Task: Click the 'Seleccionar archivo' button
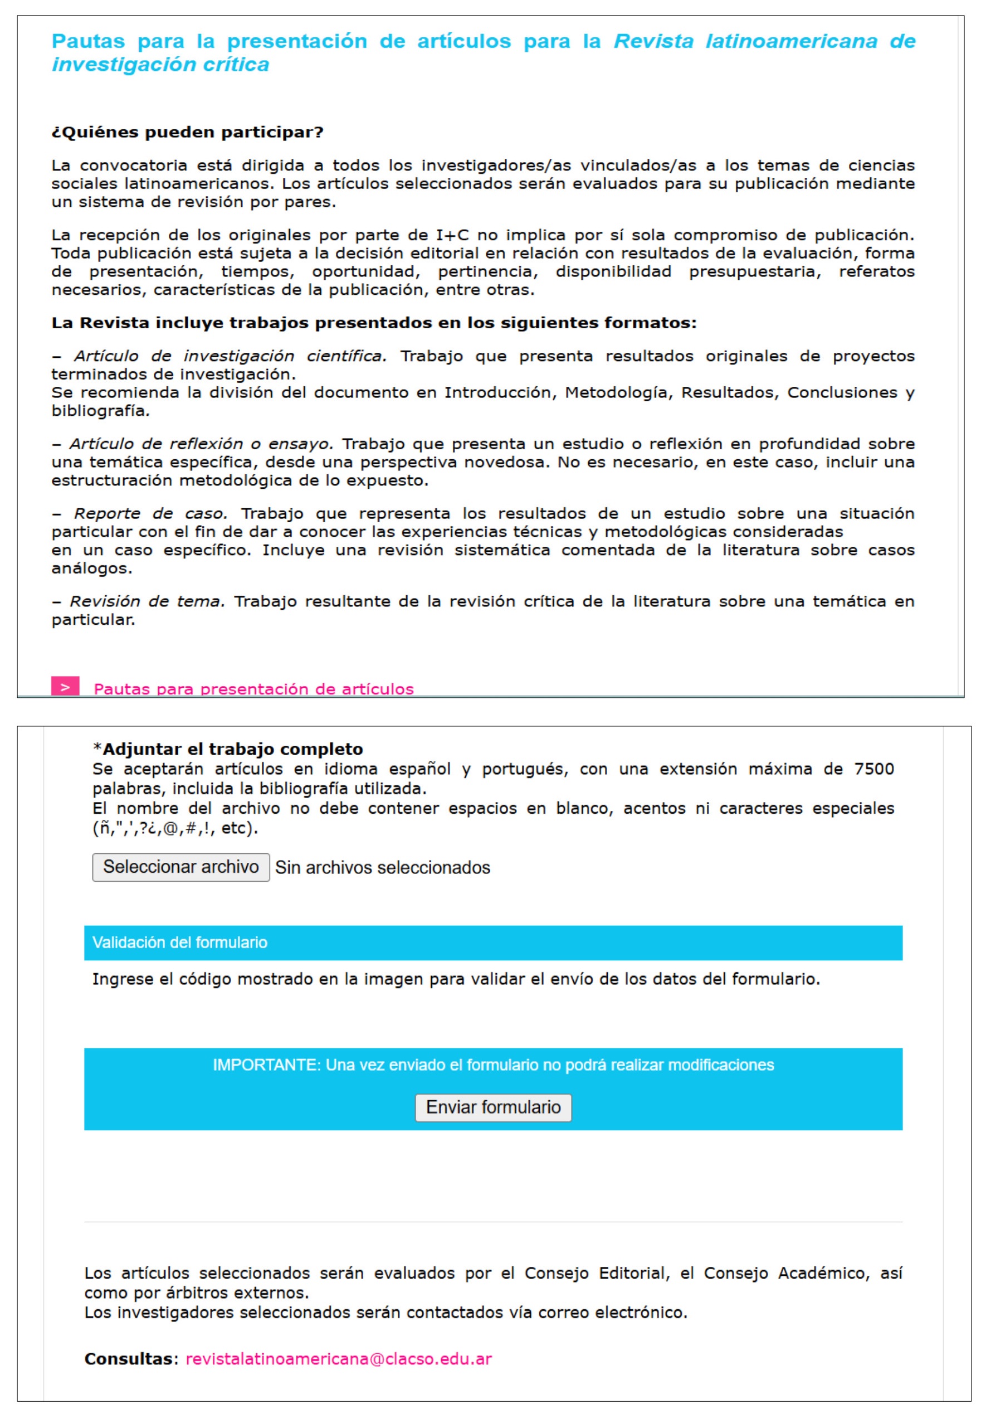coord(180,867)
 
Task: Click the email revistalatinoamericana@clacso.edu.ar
coord(339,1359)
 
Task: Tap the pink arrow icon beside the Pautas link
coord(65,687)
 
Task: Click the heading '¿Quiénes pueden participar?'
coord(188,132)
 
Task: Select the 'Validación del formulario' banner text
coord(179,942)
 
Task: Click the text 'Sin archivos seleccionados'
coord(382,867)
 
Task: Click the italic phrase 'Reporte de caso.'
coord(150,513)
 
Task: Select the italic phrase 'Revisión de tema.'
coord(147,601)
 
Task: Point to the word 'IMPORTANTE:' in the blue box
coord(267,1065)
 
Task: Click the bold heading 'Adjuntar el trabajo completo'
coord(232,749)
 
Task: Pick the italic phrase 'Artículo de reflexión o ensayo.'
coord(201,444)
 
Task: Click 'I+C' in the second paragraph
coord(452,235)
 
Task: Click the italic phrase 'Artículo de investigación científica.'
coord(231,356)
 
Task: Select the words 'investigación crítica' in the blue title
coord(160,65)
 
